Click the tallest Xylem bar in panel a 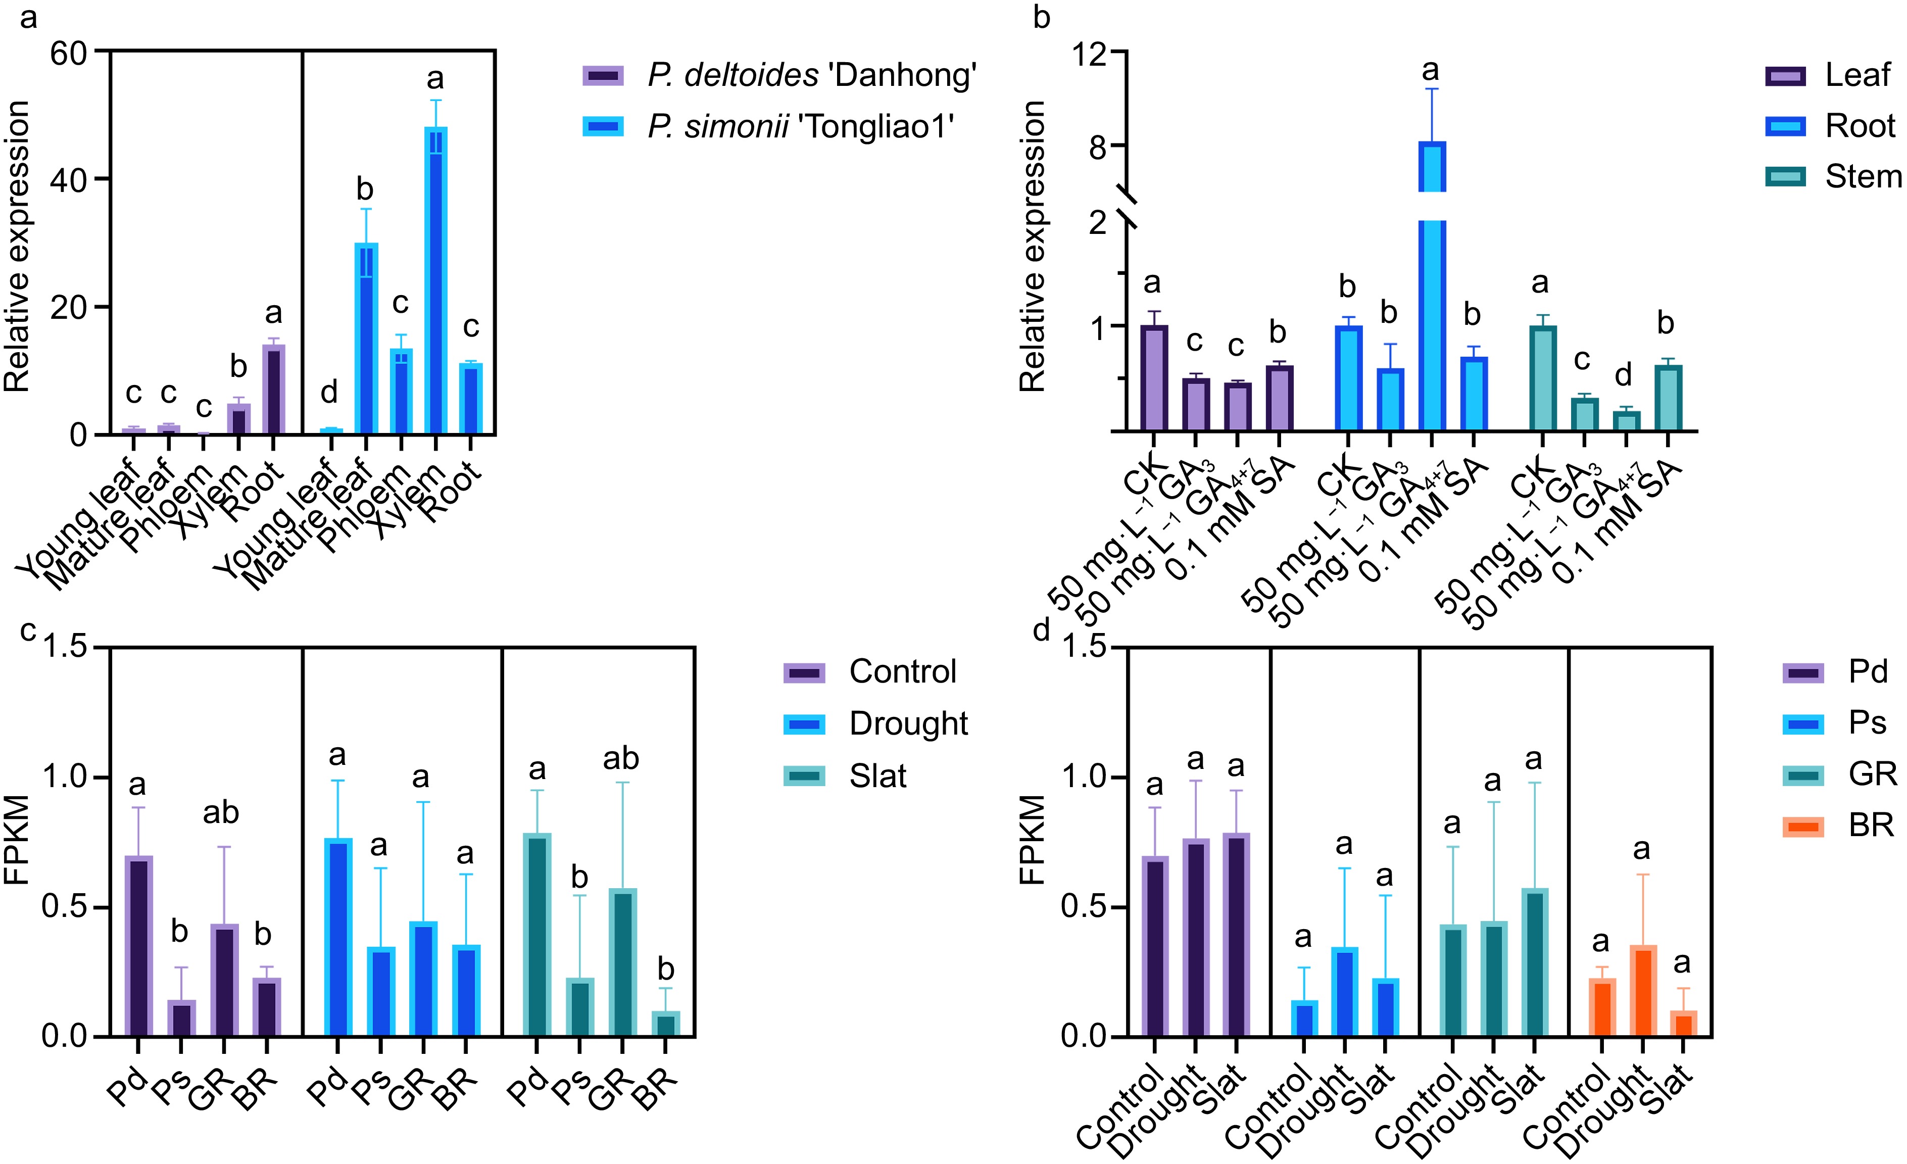[436, 278]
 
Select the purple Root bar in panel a [273, 390]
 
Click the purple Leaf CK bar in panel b [1154, 378]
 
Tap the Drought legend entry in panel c [907, 723]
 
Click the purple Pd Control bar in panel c [138, 946]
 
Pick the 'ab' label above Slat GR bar [621, 758]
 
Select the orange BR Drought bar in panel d [1642, 991]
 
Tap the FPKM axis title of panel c [17, 840]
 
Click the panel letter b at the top [1042, 17]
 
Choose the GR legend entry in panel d [1872, 774]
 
